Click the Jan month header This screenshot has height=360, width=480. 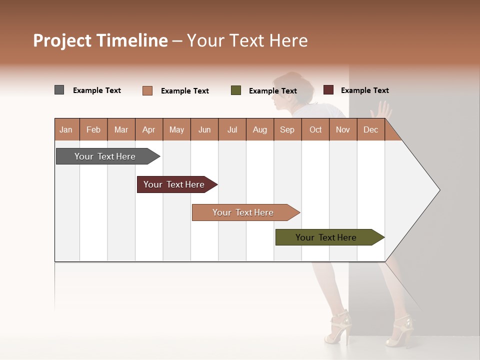tap(66, 130)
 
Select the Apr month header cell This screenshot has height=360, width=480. tap(148, 130)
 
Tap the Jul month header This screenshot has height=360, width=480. tap(232, 130)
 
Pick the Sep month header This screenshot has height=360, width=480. tap(287, 130)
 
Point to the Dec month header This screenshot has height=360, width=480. tap(370, 130)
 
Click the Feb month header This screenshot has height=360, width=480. tap(93, 130)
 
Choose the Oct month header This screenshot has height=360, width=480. tap(315, 130)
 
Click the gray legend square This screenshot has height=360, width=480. tap(59, 90)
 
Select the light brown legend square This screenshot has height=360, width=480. tap(147, 90)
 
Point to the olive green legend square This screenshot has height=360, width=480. tap(236, 90)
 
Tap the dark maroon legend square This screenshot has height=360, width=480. tap(328, 90)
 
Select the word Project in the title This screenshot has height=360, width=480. tap(62, 40)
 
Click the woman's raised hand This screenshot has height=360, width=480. tap(383, 109)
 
